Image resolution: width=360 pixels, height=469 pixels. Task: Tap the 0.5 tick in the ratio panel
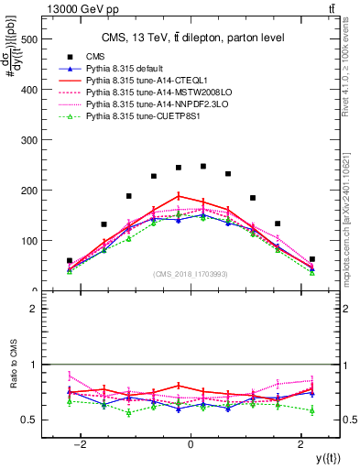29,420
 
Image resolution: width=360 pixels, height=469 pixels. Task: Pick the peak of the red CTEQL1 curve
179,195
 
